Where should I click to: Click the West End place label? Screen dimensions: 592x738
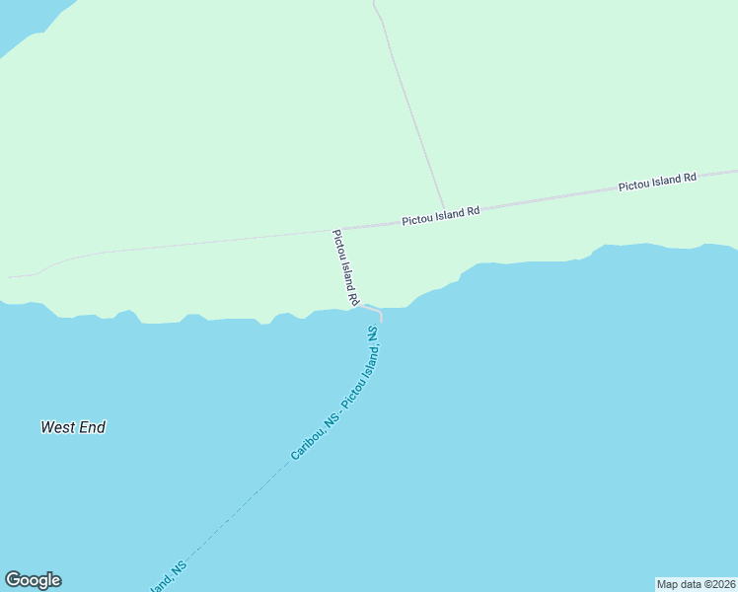(73, 427)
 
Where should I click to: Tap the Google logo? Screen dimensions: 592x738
(33, 580)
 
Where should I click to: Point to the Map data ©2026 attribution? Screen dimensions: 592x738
(697, 584)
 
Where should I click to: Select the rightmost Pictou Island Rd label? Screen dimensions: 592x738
(657, 182)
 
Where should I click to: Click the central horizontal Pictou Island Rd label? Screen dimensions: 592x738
(440, 216)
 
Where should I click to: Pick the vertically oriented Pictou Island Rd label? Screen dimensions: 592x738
(344, 266)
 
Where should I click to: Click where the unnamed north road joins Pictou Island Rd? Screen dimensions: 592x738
(445, 210)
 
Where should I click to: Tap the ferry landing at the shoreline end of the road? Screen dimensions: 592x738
(380, 315)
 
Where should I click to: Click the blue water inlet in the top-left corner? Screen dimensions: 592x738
(25, 22)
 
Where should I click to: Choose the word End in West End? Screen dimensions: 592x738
(91, 427)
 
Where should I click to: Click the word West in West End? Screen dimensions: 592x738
(57, 427)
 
